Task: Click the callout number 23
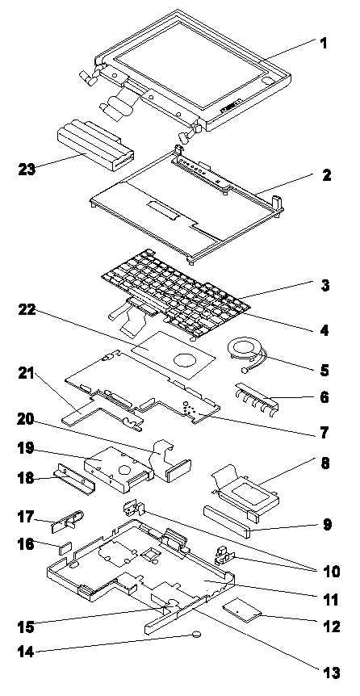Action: coord(28,170)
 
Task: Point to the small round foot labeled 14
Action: coord(198,635)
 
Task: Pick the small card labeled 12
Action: coord(242,610)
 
